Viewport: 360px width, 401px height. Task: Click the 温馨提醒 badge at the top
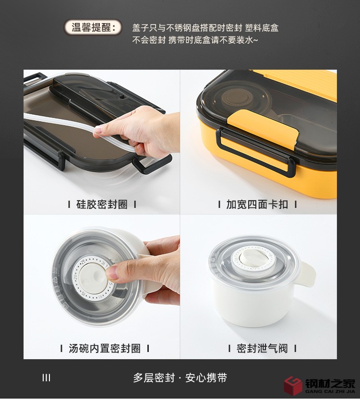tap(93, 27)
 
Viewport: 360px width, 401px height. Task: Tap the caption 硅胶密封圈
tap(102, 205)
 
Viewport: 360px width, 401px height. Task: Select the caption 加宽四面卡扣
tap(257, 205)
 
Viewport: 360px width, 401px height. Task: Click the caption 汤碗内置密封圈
tap(105, 348)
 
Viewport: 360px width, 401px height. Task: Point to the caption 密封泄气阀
tap(262, 348)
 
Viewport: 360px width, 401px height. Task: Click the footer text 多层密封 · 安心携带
tap(180, 378)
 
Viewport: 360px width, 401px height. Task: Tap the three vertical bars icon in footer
tap(46, 378)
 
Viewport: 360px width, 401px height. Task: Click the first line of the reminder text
tap(205, 28)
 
